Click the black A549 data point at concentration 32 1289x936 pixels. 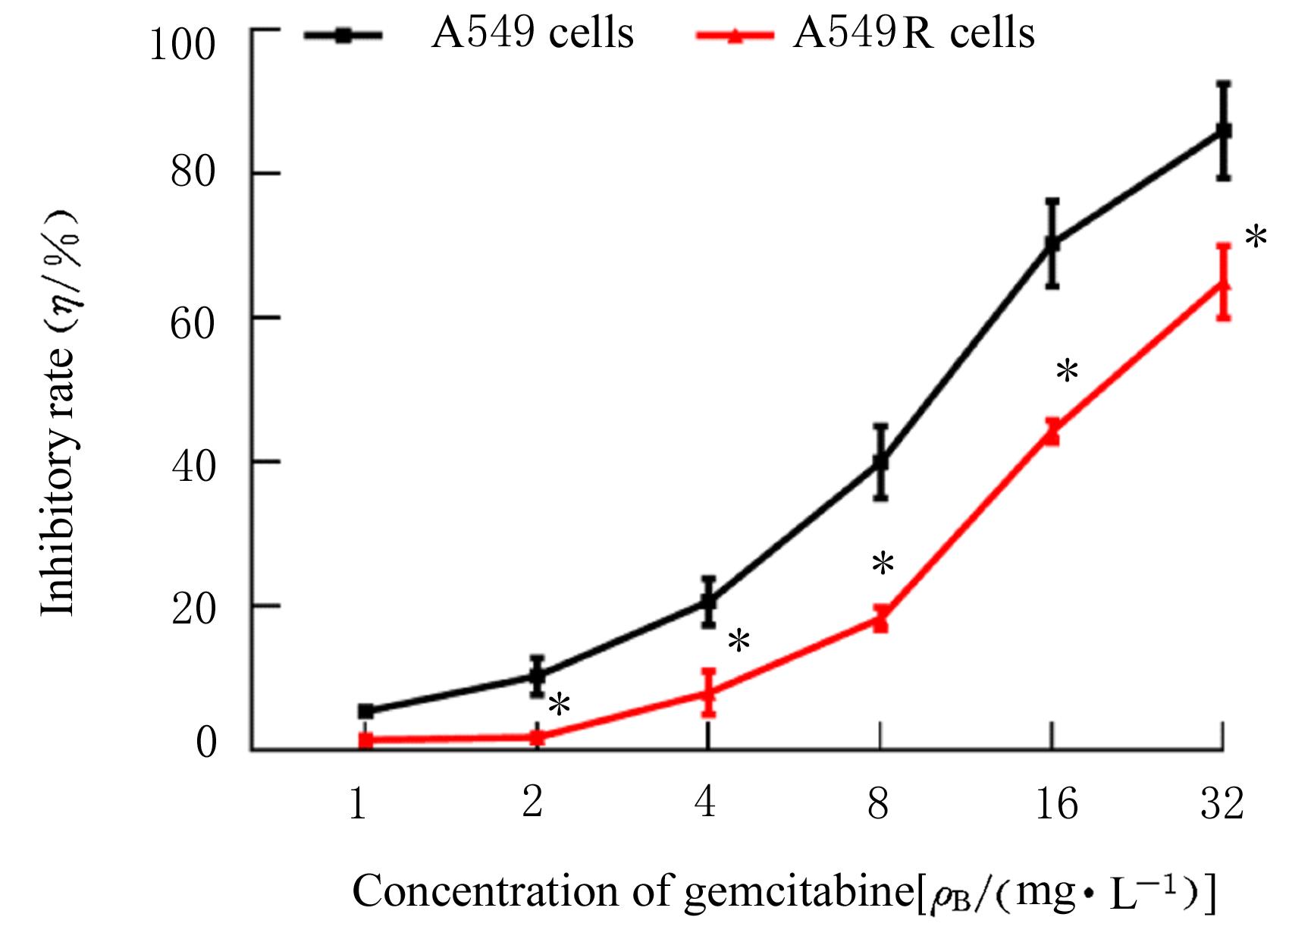1223,131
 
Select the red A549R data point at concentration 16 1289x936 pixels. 1052,433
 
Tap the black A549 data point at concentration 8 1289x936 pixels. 880,462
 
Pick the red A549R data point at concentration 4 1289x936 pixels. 708,693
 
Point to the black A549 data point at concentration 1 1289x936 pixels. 366,711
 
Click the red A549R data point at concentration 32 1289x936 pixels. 1223,285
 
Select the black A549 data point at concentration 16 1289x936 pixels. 1052,243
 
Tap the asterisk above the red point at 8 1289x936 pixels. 883,565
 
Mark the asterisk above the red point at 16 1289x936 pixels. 1067,372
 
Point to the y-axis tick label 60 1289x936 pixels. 193,319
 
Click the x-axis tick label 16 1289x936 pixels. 1056,803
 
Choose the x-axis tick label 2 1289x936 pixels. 532,803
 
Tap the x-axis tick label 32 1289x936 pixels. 1222,803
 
